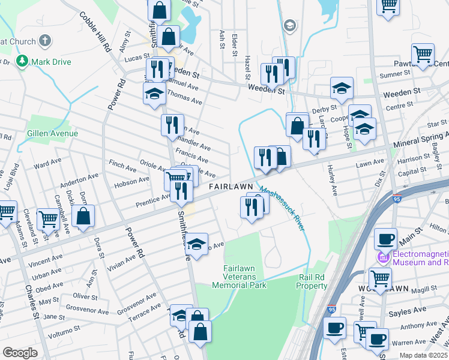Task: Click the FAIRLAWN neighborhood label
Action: click(x=231, y=187)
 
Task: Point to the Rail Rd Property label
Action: click(x=313, y=282)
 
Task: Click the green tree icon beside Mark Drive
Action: click(x=22, y=61)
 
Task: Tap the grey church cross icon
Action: click(x=44, y=41)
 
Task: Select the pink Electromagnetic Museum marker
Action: click(x=380, y=259)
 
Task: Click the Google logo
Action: click(x=20, y=353)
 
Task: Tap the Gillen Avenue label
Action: click(x=52, y=133)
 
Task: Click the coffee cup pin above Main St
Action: click(x=385, y=239)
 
